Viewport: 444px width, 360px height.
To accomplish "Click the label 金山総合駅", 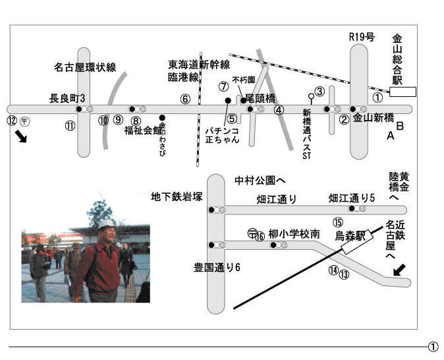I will (397, 59).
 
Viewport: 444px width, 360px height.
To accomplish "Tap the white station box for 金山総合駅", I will (403, 92).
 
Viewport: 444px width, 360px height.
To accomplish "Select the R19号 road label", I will (361, 38).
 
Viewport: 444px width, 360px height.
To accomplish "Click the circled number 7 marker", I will (223, 86).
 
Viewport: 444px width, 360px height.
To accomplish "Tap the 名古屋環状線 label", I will (85, 67).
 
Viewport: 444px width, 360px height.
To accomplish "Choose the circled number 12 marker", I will (11, 121).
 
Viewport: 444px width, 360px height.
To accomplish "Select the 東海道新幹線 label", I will (198, 65).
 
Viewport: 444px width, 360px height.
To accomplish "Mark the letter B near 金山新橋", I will (399, 125).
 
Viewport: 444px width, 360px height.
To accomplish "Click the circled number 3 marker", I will (319, 92).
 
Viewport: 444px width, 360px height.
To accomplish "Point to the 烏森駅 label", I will (350, 235).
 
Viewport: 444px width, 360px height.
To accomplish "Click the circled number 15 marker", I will (338, 223).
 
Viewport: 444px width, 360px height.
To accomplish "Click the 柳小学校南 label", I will (294, 234).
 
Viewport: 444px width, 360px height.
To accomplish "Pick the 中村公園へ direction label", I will (260, 179).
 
